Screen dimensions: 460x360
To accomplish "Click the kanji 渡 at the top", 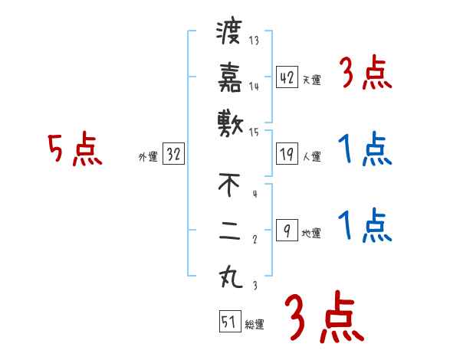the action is (229, 34).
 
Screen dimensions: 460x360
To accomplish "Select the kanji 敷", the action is (229, 122).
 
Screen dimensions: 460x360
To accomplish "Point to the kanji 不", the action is (229, 185).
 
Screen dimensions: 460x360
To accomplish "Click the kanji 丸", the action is (229, 275).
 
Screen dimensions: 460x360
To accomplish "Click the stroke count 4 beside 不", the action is (254, 194).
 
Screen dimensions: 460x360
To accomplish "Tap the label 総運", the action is (255, 325).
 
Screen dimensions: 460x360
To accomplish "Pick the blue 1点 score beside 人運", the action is (364, 149).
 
